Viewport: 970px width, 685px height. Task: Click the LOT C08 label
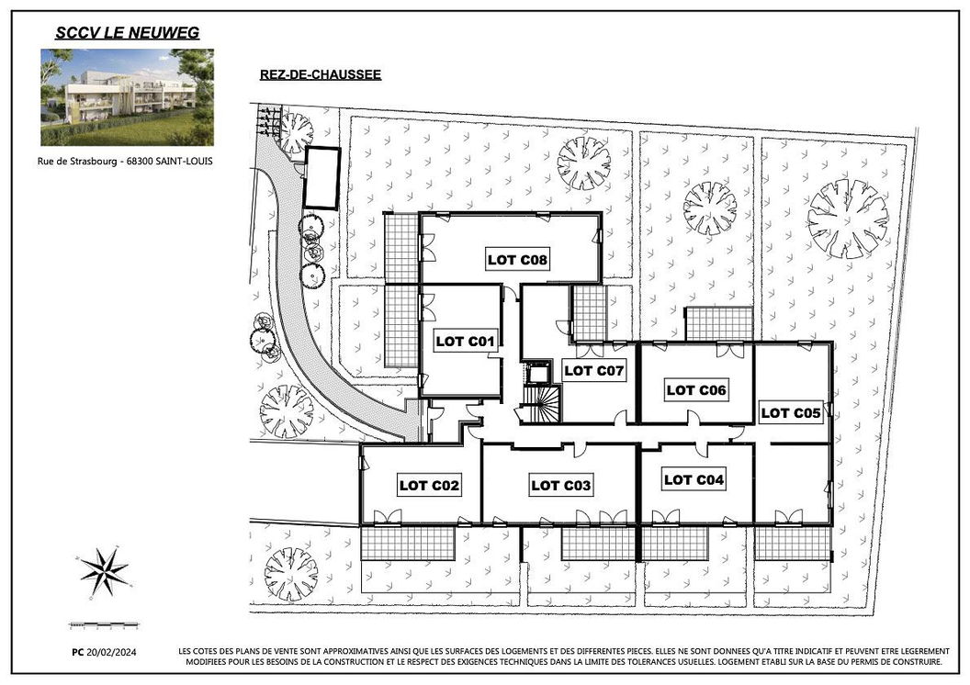pyautogui.click(x=517, y=260)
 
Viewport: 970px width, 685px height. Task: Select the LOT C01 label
pyautogui.click(x=465, y=342)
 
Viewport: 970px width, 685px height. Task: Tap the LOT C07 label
pyautogui.click(x=594, y=371)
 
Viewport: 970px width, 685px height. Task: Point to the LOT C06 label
pyautogui.click(x=696, y=390)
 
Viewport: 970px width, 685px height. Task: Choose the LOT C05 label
pyautogui.click(x=791, y=413)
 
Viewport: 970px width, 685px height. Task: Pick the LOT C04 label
pyautogui.click(x=694, y=479)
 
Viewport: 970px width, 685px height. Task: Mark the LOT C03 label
pyautogui.click(x=561, y=486)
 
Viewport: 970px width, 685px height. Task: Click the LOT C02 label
pyautogui.click(x=429, y=486)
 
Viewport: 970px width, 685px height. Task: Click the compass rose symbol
pyautogui.click(x=105, y=572)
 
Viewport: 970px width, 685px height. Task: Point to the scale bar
pyautogui.click(x=103, y=626)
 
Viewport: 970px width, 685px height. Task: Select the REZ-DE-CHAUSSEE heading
pyautogui.click(x=321, y=74)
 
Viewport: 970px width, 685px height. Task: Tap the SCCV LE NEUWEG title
pyautogui.click(x=128, y=33)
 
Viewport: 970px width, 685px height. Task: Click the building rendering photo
pyautogui.click(x=128, y=97)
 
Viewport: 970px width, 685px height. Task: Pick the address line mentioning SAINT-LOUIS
pyautogui.click(x=125, y=162)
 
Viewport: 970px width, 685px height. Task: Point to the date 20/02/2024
pyautogui.click(x=111, y=652)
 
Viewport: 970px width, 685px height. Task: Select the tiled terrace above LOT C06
pyautogui.click(x=719, y=323)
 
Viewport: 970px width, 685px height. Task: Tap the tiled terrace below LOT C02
pyautogui.click(x=408, y=544)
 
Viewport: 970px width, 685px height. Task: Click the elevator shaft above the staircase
pyautogui.click(x=536, y=374)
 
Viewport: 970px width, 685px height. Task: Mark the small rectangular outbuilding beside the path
pyautogui.click(x=321, y=178)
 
